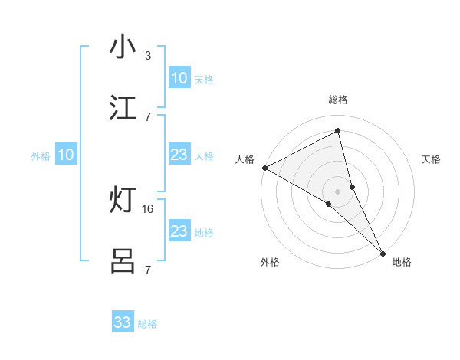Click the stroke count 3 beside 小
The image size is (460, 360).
pos(148,55)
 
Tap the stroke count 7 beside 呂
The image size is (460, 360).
pos(148,270)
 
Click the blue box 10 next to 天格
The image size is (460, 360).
pos(179,78)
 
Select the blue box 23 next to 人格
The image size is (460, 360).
pos(179,155)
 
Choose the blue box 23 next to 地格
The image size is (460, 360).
pos(179,231)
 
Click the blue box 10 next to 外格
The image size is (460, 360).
pos(65,155)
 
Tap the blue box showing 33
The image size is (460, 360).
pos(123,322)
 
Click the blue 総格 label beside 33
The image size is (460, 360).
pos(147,324)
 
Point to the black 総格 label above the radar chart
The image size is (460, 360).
pos(338,100)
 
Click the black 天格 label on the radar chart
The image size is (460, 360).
pos(432,159)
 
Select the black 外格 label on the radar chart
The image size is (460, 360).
pos(270,262)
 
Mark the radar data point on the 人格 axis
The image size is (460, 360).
pos(264,168)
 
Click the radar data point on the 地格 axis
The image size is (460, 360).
pos(383,252)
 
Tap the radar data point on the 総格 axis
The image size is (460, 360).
pos(338,131)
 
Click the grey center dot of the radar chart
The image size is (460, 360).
pos(338,190)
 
